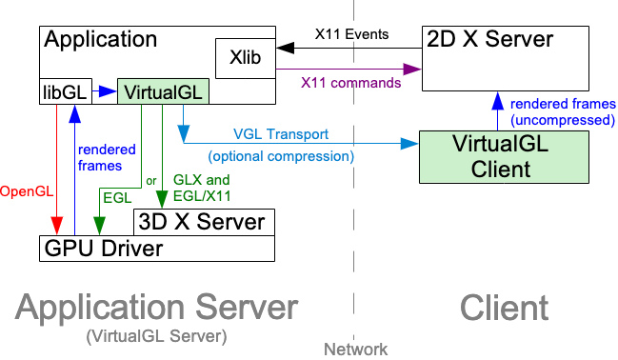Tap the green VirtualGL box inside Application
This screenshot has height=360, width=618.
pos(162,92)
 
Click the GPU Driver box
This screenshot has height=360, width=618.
pos(105,249)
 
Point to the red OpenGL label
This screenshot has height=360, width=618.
pos(24,191)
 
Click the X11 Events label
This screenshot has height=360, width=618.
pos(351,34)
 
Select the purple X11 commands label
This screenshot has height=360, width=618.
pos(350,83)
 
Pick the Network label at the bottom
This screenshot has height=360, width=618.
pos(356,350)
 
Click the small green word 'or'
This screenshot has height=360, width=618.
pos(151,181)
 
